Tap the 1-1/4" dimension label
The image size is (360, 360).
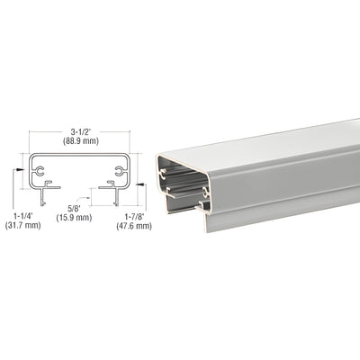27,215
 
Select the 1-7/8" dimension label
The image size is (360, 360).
133,215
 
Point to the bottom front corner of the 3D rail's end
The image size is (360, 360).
207,229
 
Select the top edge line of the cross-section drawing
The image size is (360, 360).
79,154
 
